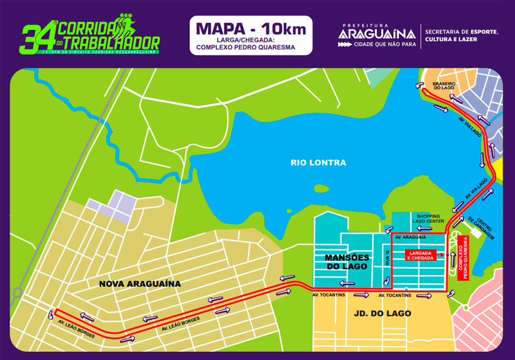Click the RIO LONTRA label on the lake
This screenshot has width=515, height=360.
point(318,162)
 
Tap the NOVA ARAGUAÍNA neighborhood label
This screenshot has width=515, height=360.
point(140,284)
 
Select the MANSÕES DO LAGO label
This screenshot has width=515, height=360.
point(346,262)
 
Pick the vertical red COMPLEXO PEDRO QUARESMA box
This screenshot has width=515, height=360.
point(463,259)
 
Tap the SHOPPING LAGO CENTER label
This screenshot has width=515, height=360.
point(427,218)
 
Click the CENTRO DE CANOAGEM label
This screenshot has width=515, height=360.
point(481,228)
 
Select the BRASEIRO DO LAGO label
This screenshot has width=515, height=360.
point(443,86)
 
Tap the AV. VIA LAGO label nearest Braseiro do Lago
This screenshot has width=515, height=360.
point(469,126)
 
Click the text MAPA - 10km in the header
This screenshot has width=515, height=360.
point(251,29)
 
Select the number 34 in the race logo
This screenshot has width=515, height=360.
point(31,40)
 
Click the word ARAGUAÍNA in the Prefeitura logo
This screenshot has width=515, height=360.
point(377,34)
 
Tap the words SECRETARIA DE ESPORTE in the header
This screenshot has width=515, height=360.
point(461,31)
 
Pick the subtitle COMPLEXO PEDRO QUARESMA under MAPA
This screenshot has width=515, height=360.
point(251,47)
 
